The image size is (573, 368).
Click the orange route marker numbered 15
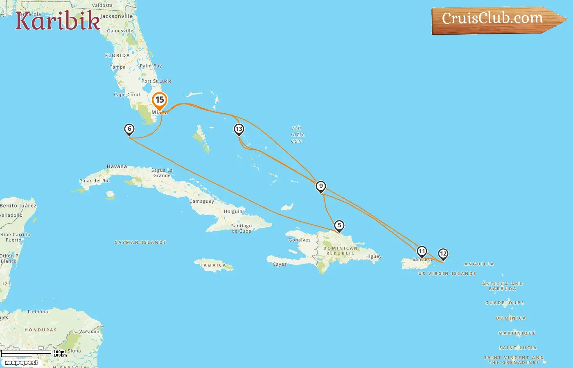click(160, 100)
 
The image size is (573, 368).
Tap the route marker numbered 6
click(129, 130)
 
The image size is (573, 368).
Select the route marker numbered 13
click(239, 130)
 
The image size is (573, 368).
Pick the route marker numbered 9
click(321, 186)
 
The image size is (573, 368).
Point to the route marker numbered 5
click(339, 226)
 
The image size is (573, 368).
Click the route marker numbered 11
click(422, 251)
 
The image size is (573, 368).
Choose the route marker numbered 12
click(443, 254)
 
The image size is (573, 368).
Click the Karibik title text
click(58, 21)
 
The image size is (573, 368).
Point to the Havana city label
click(117, 166)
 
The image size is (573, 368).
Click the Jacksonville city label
click(117, 16)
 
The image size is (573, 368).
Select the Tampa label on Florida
click(117, 67)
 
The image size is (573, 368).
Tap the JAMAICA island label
click(213, 265)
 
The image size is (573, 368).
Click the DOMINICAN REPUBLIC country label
click(341, 251)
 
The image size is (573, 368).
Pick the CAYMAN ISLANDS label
click(140, 242)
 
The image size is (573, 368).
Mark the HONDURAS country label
click(41, 330)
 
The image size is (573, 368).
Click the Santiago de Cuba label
click(241, 228)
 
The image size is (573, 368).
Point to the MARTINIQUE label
click(517, 333)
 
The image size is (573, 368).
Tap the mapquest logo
click(21, 363)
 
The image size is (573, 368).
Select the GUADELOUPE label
click(505, 303)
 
